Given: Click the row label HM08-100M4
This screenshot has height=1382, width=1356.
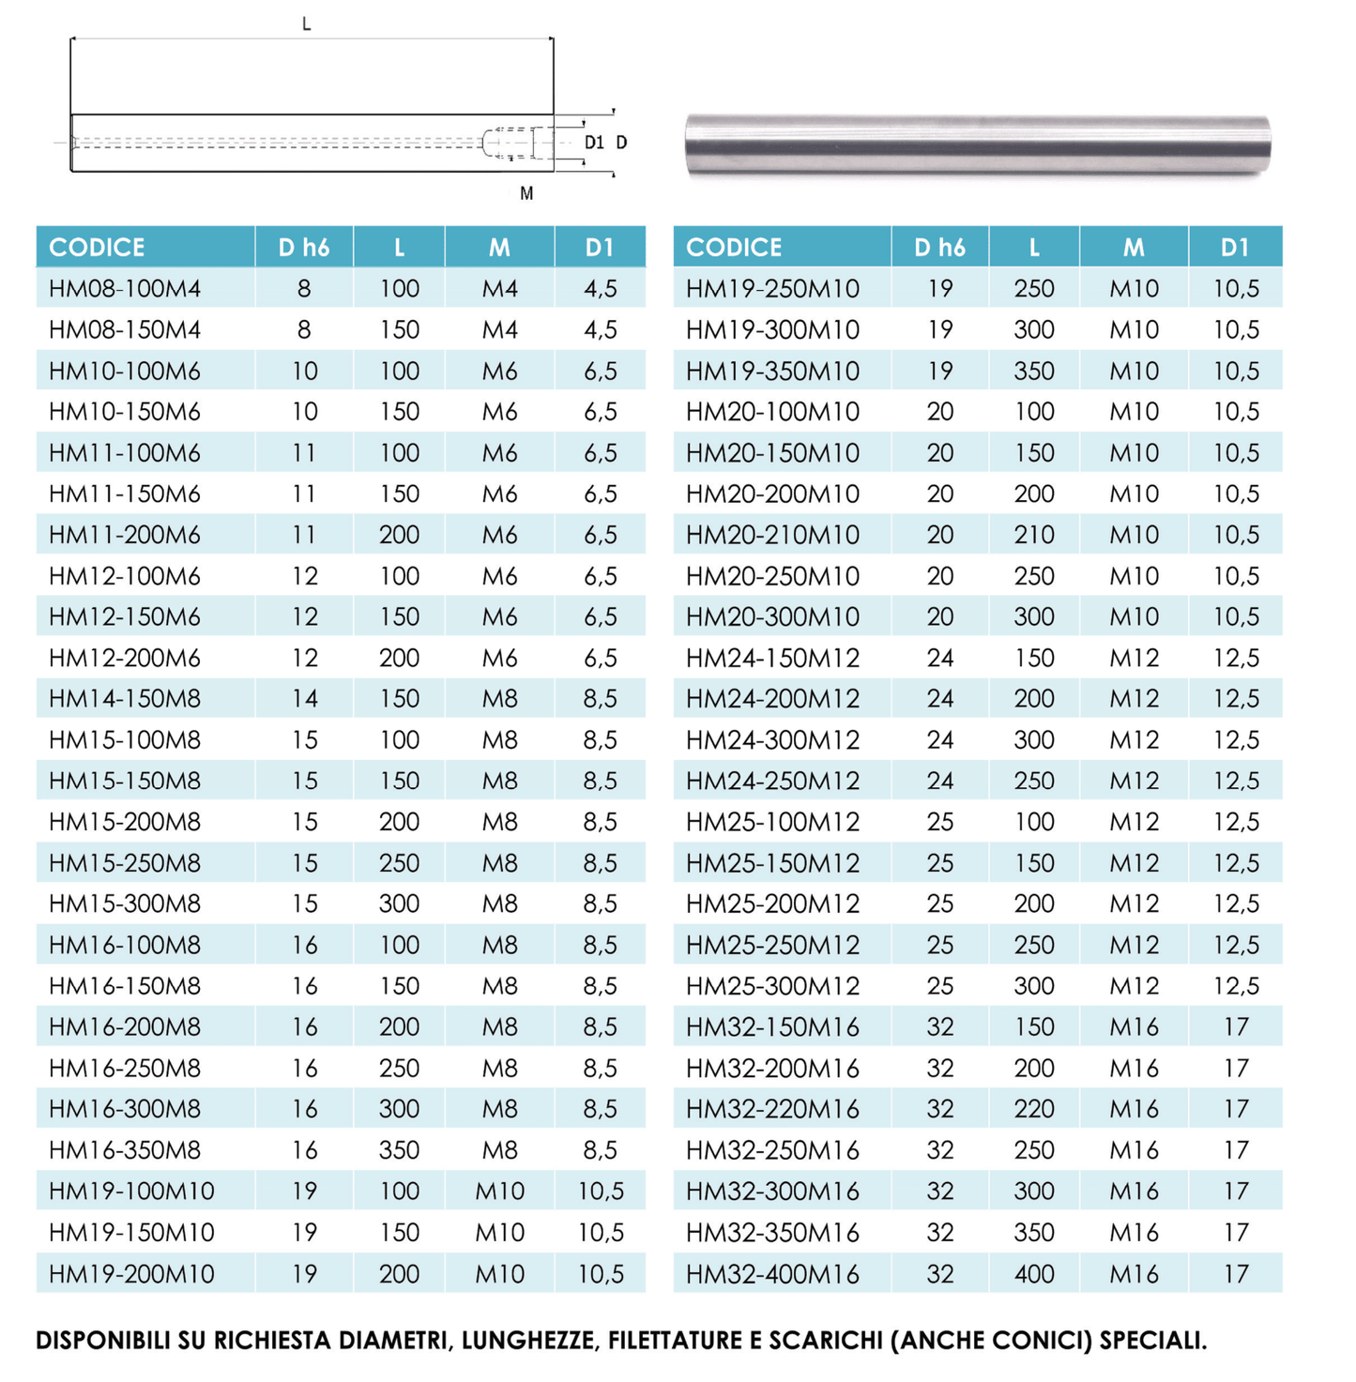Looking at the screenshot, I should pos(125,289).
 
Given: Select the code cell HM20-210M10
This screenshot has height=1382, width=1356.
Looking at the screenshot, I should pos(772,535).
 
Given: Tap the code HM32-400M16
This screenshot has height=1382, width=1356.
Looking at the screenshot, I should pos(772,1274).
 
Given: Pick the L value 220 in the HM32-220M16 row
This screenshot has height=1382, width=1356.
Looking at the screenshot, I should pos(1034,1109).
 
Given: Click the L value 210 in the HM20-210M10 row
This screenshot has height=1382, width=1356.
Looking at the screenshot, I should pos(1034,535).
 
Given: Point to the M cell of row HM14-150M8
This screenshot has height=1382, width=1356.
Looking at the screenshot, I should pos(499,699).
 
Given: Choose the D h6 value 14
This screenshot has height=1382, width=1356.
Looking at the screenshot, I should pos(304,699).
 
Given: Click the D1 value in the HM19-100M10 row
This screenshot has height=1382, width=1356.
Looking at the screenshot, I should pos(601,1192).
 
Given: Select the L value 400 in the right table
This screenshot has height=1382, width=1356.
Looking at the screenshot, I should pos(1034,1274).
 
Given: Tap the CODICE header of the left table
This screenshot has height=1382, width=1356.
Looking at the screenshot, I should pos(97,248).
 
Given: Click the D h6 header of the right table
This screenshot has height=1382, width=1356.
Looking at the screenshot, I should pos(939,248).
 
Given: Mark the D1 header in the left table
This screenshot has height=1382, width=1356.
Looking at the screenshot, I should pos(600,248).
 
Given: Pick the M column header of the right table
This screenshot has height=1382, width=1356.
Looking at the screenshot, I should pos(1134,248).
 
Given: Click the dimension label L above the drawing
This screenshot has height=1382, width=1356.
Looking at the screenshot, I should pos(307,24).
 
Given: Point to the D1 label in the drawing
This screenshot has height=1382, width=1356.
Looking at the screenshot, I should pos(594,143).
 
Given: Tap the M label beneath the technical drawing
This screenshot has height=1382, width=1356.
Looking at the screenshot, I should pos(526,193).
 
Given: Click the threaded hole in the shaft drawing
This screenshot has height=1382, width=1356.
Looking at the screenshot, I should pos(509,143).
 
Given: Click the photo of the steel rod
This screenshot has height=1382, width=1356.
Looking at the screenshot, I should pos(978,144).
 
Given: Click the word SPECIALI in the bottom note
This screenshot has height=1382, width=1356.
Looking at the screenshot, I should pos(1152,1341).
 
